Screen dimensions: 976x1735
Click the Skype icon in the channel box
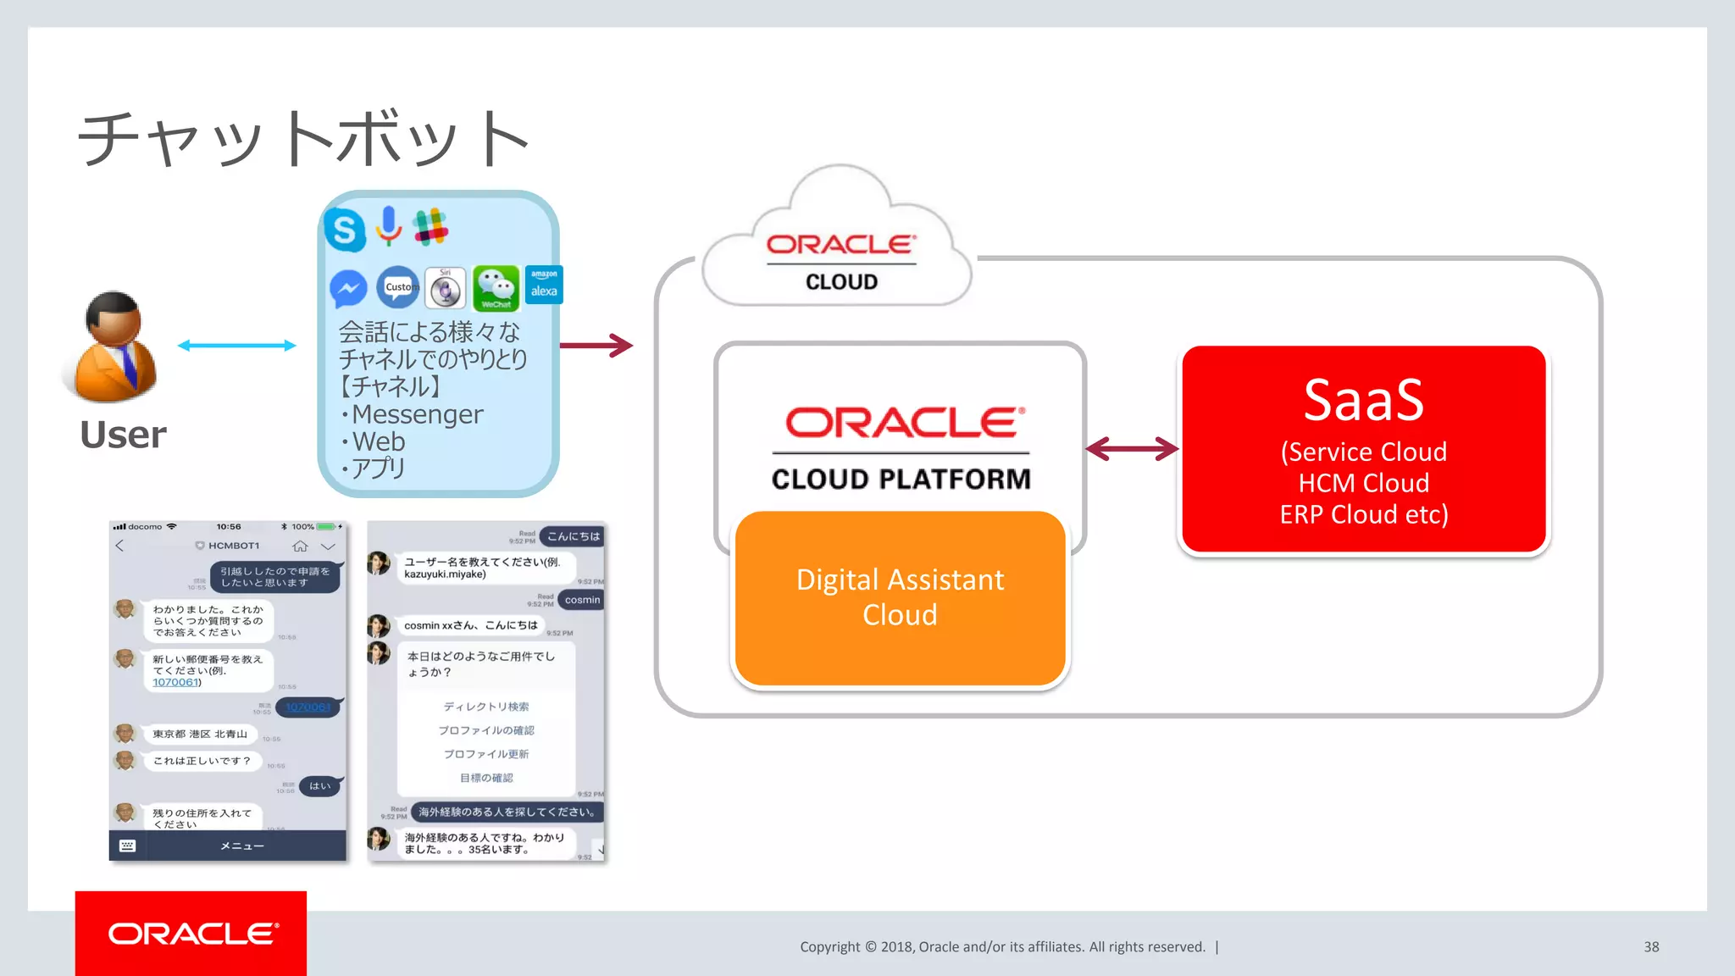pyautogui.click(x=345, y=230)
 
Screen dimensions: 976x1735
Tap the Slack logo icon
pyautogui.click(x=430, y=227)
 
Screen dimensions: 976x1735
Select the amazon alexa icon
pyautogui.click(x=544, y=285)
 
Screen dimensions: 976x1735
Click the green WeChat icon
pyautogui.click(x=496, y=288)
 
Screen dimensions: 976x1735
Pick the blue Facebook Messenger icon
pyautogui.click(x=348, y=289)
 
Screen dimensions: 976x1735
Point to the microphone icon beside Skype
pyautogui.click(x=389, y=225)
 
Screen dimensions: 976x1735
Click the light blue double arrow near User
pyautogui.click(x=236, y=345)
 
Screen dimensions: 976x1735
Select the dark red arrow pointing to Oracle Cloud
pyautogui.click(x=596, y=345)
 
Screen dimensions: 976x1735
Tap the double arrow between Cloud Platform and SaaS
pyautogui.click(x=1132, y=448)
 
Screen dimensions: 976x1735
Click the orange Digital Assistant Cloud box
pyautogui.click(x=900, y=598)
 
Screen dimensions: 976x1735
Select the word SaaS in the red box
pyautogui.click(x=1363, y=400)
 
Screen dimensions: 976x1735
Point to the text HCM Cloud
pyautogui.click(x=1363, y=483)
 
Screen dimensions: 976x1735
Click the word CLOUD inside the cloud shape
pyautogui.click(x=841, y=282)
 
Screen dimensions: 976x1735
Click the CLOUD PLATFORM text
pyautogui.click(x=901, y=480)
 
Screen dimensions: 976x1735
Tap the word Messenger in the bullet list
pyautogui.click(x=417, y=414)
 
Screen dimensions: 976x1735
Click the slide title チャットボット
pyautogui.click(x=305, y=139)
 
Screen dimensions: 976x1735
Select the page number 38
pyautogui.click(x=1651, y=946)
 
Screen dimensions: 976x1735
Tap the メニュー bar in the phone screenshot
pyautogui.click(x=242, y=846)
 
